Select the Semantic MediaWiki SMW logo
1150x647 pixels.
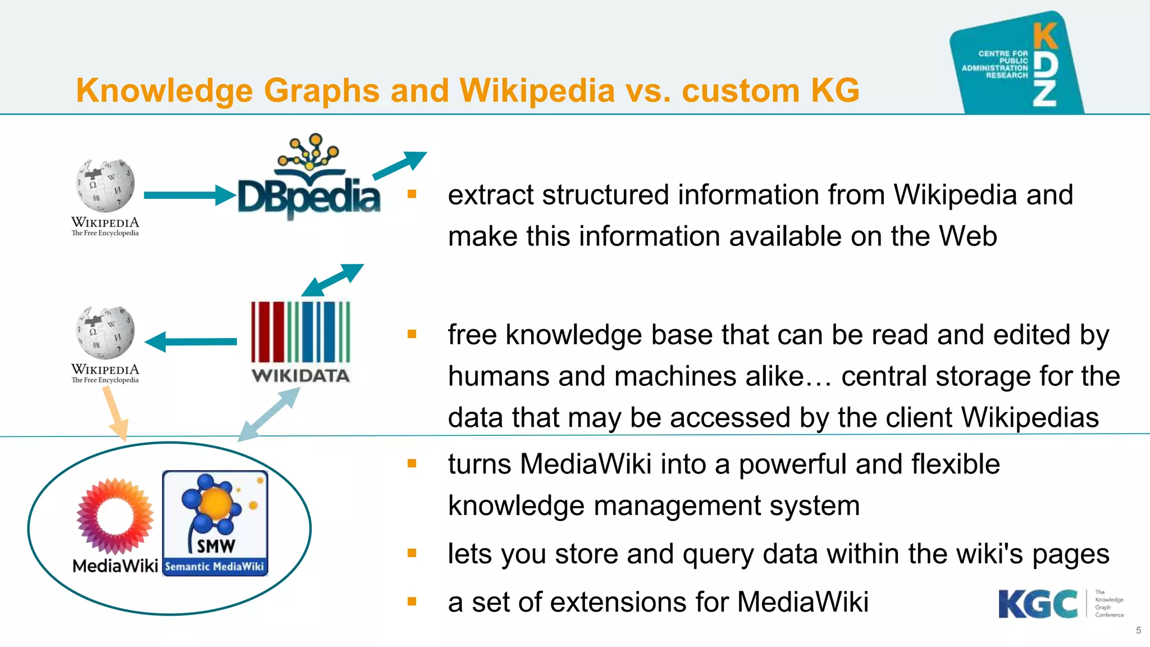click(x=215, y=523)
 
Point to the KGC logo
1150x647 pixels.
click(x=1038, y=604)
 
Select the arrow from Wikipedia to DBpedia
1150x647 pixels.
click(x=189, y=195)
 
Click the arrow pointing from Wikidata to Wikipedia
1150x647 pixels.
click(x=191, y=341)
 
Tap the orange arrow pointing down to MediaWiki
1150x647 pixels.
click(x=115, y=413)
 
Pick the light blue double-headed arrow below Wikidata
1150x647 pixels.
click(x=268, y=414)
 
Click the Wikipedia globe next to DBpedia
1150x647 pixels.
click(x=105, y=185)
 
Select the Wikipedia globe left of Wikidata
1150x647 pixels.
click(x=105, y=332)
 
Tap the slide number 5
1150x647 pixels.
click(x=1138, y=630)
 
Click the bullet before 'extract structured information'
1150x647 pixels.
click(x=412, y=194)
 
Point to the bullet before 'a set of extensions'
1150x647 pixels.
click(x=412, y=602)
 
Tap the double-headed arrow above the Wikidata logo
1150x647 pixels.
click(x=332, y=280)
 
